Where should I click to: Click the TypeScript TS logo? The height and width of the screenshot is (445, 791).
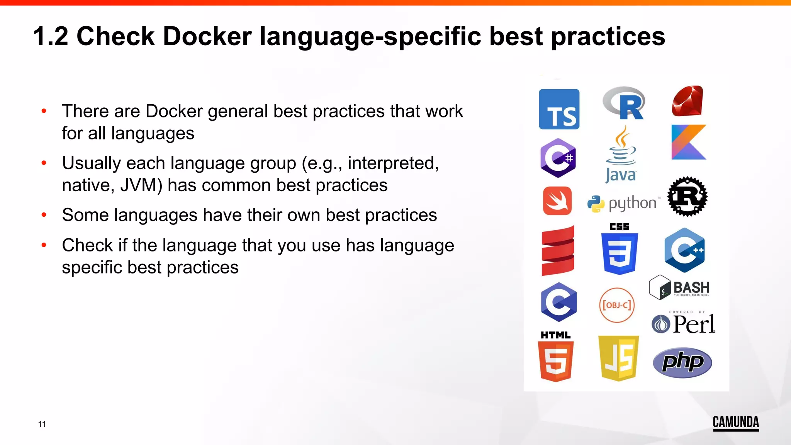point(559,109)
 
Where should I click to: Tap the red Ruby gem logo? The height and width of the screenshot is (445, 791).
point(687,101)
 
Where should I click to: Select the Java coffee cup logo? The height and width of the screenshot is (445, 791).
point(621,155)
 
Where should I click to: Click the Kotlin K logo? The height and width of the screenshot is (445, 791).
point(688,142)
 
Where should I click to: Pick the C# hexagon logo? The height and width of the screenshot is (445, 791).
point(558,158)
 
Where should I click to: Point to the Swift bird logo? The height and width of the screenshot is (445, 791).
point(557,201)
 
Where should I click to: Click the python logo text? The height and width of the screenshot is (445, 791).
point(632,203)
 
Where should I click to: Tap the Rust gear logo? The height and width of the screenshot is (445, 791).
point(687,196)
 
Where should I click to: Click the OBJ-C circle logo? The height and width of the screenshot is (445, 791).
point(617,305)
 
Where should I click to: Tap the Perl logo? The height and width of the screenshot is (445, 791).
point(683,324)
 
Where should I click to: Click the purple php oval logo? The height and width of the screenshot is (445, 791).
point(682,362)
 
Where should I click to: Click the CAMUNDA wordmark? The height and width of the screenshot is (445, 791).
point(735,423)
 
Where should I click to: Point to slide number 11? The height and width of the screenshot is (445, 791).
point(42,424)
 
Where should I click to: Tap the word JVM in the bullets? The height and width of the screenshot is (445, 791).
point(141,185)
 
